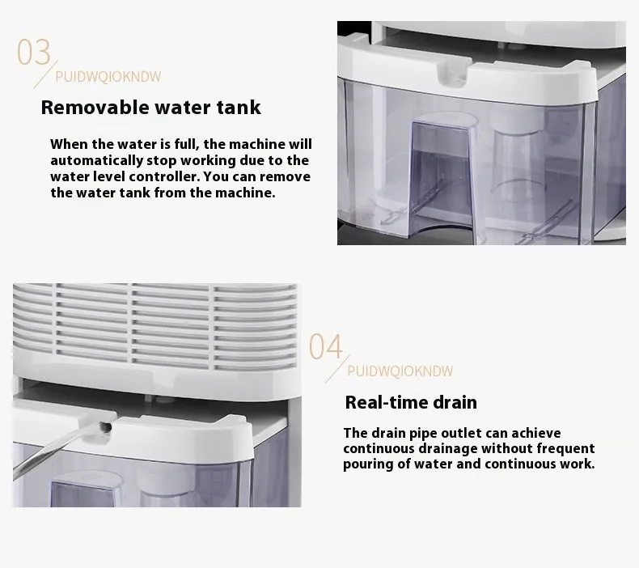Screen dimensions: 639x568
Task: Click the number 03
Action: (33, 52)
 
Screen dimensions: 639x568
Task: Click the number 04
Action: (325, 346)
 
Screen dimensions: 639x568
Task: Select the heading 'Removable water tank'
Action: (150, 108)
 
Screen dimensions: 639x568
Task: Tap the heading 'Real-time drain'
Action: (411, 402)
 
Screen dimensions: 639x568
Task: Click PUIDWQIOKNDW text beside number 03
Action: (108, 77)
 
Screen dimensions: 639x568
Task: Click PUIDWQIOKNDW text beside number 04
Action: (400, 371)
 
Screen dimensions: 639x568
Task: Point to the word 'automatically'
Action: (97, 161)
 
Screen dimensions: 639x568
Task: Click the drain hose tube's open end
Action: (106, 427)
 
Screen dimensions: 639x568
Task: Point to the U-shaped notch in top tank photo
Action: (453, 74)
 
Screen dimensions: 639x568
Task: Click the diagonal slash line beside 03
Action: (45, 74)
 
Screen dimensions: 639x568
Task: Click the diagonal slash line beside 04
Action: (337, 369)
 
